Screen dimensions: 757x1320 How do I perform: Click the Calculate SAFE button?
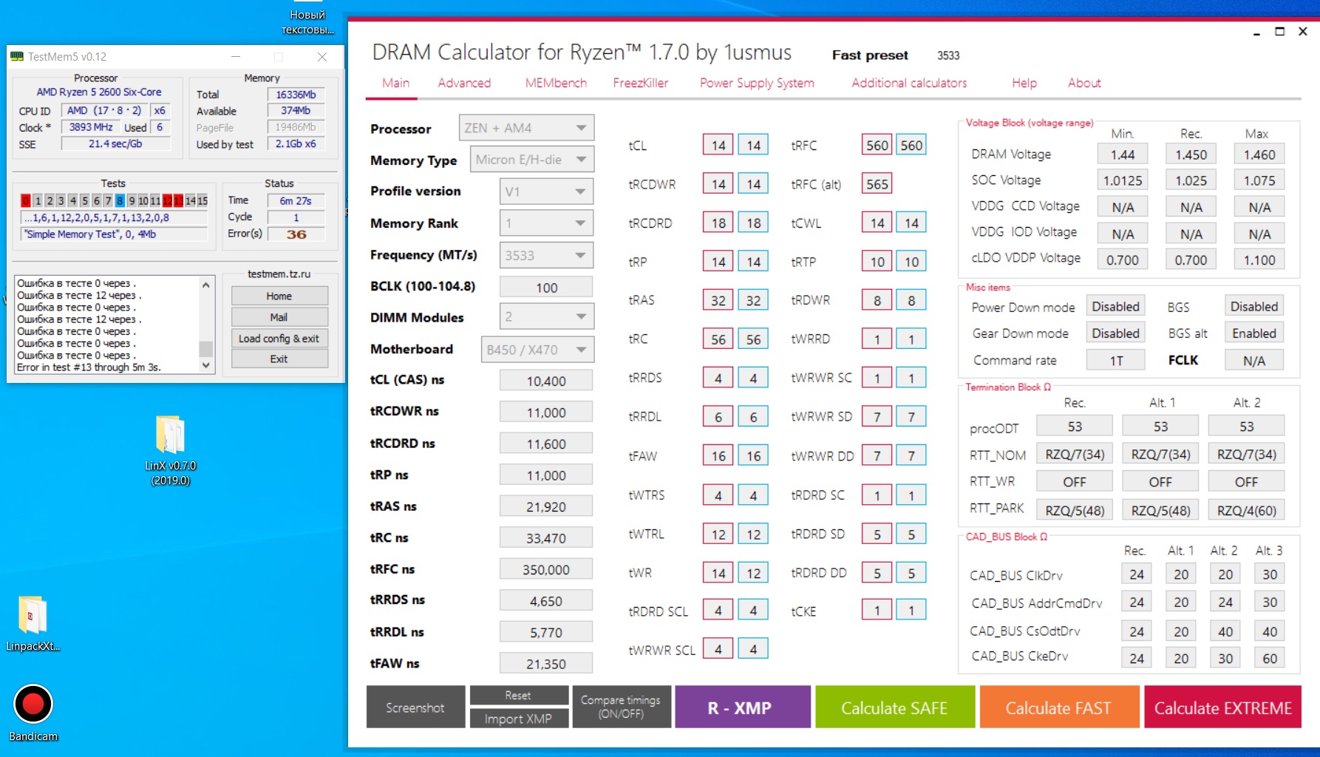pos(894,707)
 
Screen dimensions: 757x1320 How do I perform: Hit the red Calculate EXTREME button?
pos(1222,707)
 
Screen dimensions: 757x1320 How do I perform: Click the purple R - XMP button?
pos(742,707)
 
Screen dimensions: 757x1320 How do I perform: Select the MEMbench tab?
pos(556,83)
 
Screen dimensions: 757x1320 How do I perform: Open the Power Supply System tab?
pos(757,83)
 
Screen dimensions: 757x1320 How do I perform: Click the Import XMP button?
pos(518,719)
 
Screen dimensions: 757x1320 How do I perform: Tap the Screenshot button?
pos(415,707)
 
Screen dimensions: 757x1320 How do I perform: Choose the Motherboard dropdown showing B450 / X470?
pos(537,350)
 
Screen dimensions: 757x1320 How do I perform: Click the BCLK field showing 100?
pos(546,288)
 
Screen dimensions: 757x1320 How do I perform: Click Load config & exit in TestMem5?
pos(279,339)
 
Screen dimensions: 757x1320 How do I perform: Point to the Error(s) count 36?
pos(296,234)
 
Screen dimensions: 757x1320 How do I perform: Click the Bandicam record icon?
pos(33,704)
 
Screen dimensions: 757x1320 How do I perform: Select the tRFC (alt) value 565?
pos(877,184)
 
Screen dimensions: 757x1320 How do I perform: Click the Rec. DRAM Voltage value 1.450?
pos(1191,155)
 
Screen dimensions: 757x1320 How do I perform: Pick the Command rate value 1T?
pos(1116,361)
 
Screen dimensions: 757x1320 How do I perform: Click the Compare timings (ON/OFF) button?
pos(621,707)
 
